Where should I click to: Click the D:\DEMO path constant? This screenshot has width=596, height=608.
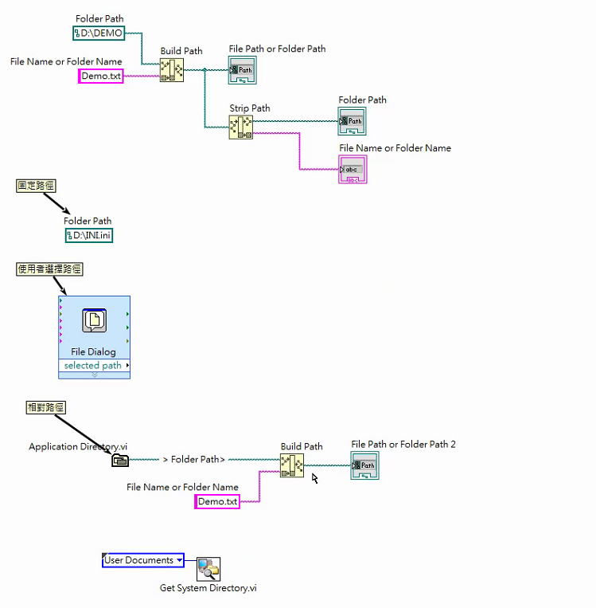[x=99, y=33]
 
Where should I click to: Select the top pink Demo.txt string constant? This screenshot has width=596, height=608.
[x=101, y=76]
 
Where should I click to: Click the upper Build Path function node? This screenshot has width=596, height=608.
[x=171, y=70]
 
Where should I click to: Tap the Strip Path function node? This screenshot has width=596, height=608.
[x=240, y=127]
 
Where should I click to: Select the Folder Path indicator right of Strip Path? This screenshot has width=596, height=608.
[x=352, y=121]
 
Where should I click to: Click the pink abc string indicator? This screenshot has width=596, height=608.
[x=353, y=170]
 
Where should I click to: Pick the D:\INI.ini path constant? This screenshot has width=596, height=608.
[x=88, y=235]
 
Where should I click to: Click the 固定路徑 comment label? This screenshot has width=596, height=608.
[x=37, y=186]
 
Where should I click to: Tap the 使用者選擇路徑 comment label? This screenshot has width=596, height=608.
[x=49, y=269]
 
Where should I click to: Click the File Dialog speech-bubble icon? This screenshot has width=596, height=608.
[x=95, y=320]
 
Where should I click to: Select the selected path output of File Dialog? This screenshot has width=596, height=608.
[x=94, y=366]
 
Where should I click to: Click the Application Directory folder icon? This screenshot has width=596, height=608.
[x=119, y=460]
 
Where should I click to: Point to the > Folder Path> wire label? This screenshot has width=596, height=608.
[x=193, y=460]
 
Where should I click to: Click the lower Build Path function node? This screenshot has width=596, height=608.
[x=292, y=465]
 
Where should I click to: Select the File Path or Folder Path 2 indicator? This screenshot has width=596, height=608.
[x=364, y=465]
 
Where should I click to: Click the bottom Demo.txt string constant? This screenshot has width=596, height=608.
[x=217, y=501]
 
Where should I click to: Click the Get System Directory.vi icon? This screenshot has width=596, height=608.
[x=208, y=569]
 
